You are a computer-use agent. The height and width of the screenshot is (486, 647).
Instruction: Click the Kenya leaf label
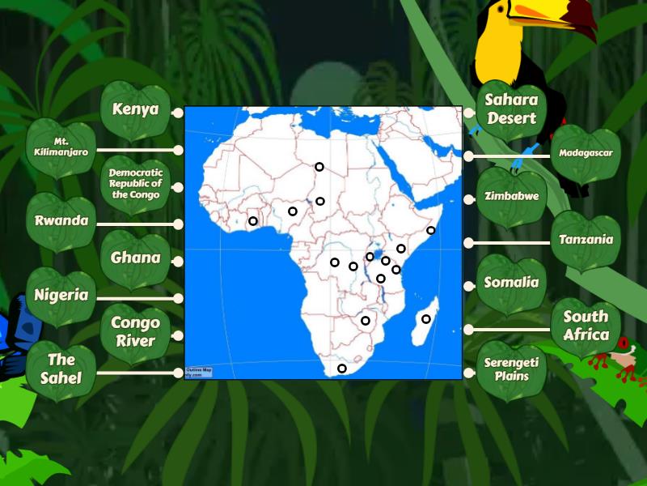[135, 110]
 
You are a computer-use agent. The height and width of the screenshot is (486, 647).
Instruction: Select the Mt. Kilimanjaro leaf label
[61, 147]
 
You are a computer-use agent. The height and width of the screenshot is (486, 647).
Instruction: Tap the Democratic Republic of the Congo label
[135, 184]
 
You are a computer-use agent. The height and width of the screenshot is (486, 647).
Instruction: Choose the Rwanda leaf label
[61, 221]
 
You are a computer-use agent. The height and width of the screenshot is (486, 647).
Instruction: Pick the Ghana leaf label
[135, 258]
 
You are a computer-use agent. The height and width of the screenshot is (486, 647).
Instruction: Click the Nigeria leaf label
[61, 296]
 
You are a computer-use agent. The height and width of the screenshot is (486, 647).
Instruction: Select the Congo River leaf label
[135, 331]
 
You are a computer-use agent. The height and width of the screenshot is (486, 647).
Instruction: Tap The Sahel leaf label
[61, 369]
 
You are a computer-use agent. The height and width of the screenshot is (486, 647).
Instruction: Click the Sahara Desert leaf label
[511, 109]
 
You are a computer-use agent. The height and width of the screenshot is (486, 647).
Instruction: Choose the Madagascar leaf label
[586, 153]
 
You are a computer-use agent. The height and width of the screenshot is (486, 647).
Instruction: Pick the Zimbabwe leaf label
[511, 196]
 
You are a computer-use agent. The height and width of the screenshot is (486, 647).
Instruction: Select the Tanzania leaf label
[586, 240]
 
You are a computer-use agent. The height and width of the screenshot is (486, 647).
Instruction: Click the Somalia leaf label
[511, 283]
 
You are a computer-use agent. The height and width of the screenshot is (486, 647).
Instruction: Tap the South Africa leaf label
[586, 326]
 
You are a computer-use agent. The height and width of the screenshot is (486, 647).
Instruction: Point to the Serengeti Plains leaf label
[511, 369]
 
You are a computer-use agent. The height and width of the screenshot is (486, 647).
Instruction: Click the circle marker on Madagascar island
[426, 319]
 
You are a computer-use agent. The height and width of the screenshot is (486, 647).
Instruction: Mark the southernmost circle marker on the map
[342, 369]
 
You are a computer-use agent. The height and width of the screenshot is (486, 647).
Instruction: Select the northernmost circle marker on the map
[319, 167]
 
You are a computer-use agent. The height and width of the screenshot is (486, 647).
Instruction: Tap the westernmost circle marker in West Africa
[253, 221]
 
